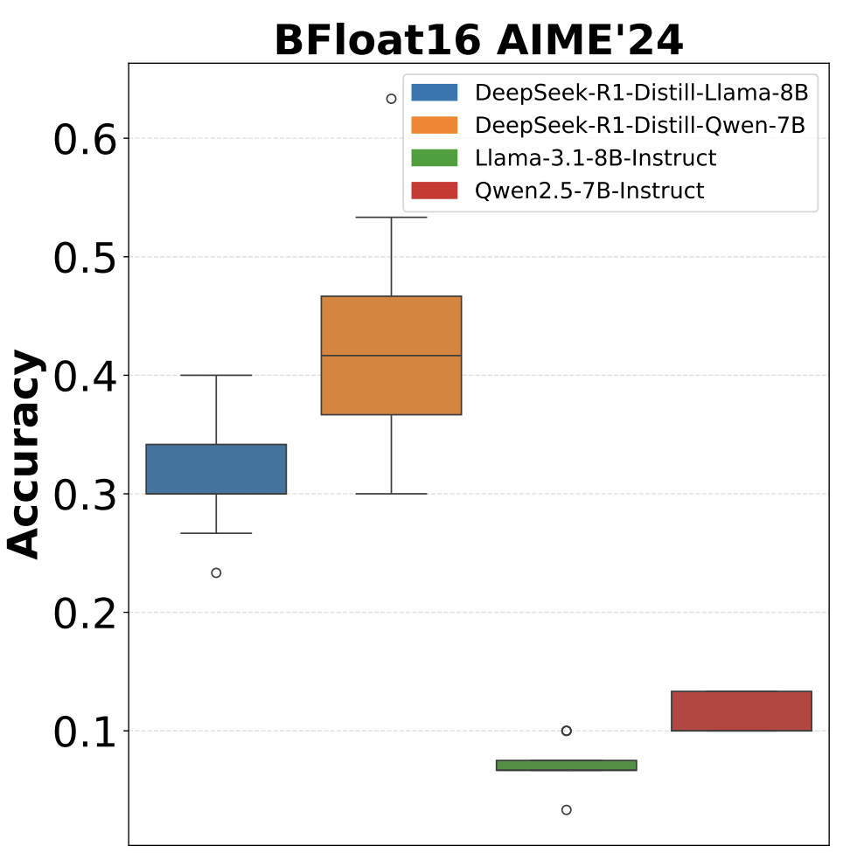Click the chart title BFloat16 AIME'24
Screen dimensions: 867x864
478,40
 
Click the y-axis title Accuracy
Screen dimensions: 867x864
25,454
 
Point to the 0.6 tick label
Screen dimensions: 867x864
84,140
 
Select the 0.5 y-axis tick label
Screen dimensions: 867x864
84,258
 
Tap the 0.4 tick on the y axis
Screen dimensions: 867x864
84,377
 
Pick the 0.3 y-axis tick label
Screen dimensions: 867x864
84,495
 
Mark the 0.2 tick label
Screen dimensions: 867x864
84,614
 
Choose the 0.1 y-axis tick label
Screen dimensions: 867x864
84,732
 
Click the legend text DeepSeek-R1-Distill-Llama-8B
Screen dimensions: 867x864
641,93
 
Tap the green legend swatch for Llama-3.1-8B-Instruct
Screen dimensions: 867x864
434,158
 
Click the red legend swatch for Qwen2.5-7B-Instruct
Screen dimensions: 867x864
434,191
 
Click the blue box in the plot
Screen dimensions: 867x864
216,469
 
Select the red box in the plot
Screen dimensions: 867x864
742,711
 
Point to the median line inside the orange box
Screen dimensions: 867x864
391,356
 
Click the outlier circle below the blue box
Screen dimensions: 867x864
216,572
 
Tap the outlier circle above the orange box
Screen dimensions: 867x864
391,99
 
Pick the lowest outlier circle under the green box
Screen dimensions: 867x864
566,809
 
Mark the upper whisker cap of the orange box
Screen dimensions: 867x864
391,217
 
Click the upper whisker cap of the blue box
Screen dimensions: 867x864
216,375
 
